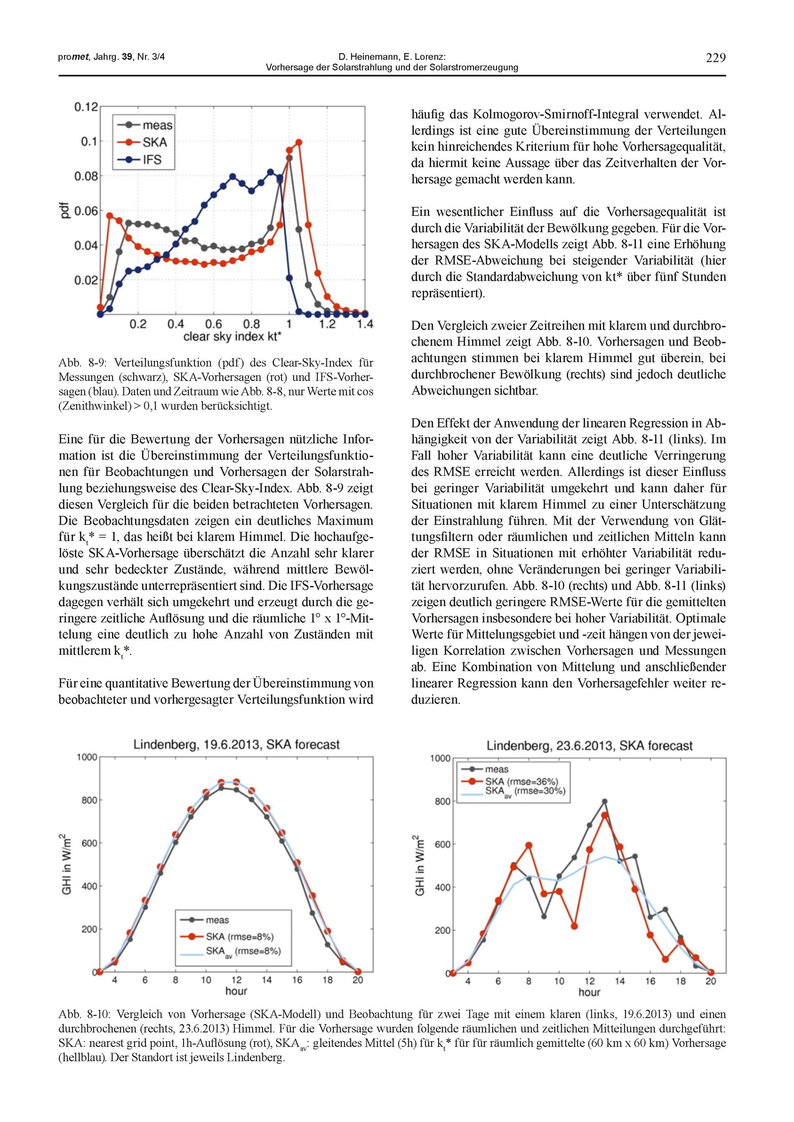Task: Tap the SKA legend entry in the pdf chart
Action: (x=146, y=142)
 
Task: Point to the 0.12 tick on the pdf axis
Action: (x=86, y=106)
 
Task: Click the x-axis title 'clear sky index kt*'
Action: (x=232, y=337)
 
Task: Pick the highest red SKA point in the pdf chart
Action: (x=299, y=142)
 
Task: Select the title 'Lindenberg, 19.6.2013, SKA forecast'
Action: (x=237, y=745)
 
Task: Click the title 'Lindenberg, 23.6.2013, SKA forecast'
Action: (x=589, y=746)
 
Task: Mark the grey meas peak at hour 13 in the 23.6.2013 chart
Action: (x=605, y=801)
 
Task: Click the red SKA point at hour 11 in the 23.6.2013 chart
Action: (x=574, y=926)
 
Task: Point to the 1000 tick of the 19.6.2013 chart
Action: (x=87, y=757)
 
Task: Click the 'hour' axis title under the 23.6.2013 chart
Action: (x=589, y=992)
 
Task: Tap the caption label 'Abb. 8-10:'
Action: (x=78, y=1014)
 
